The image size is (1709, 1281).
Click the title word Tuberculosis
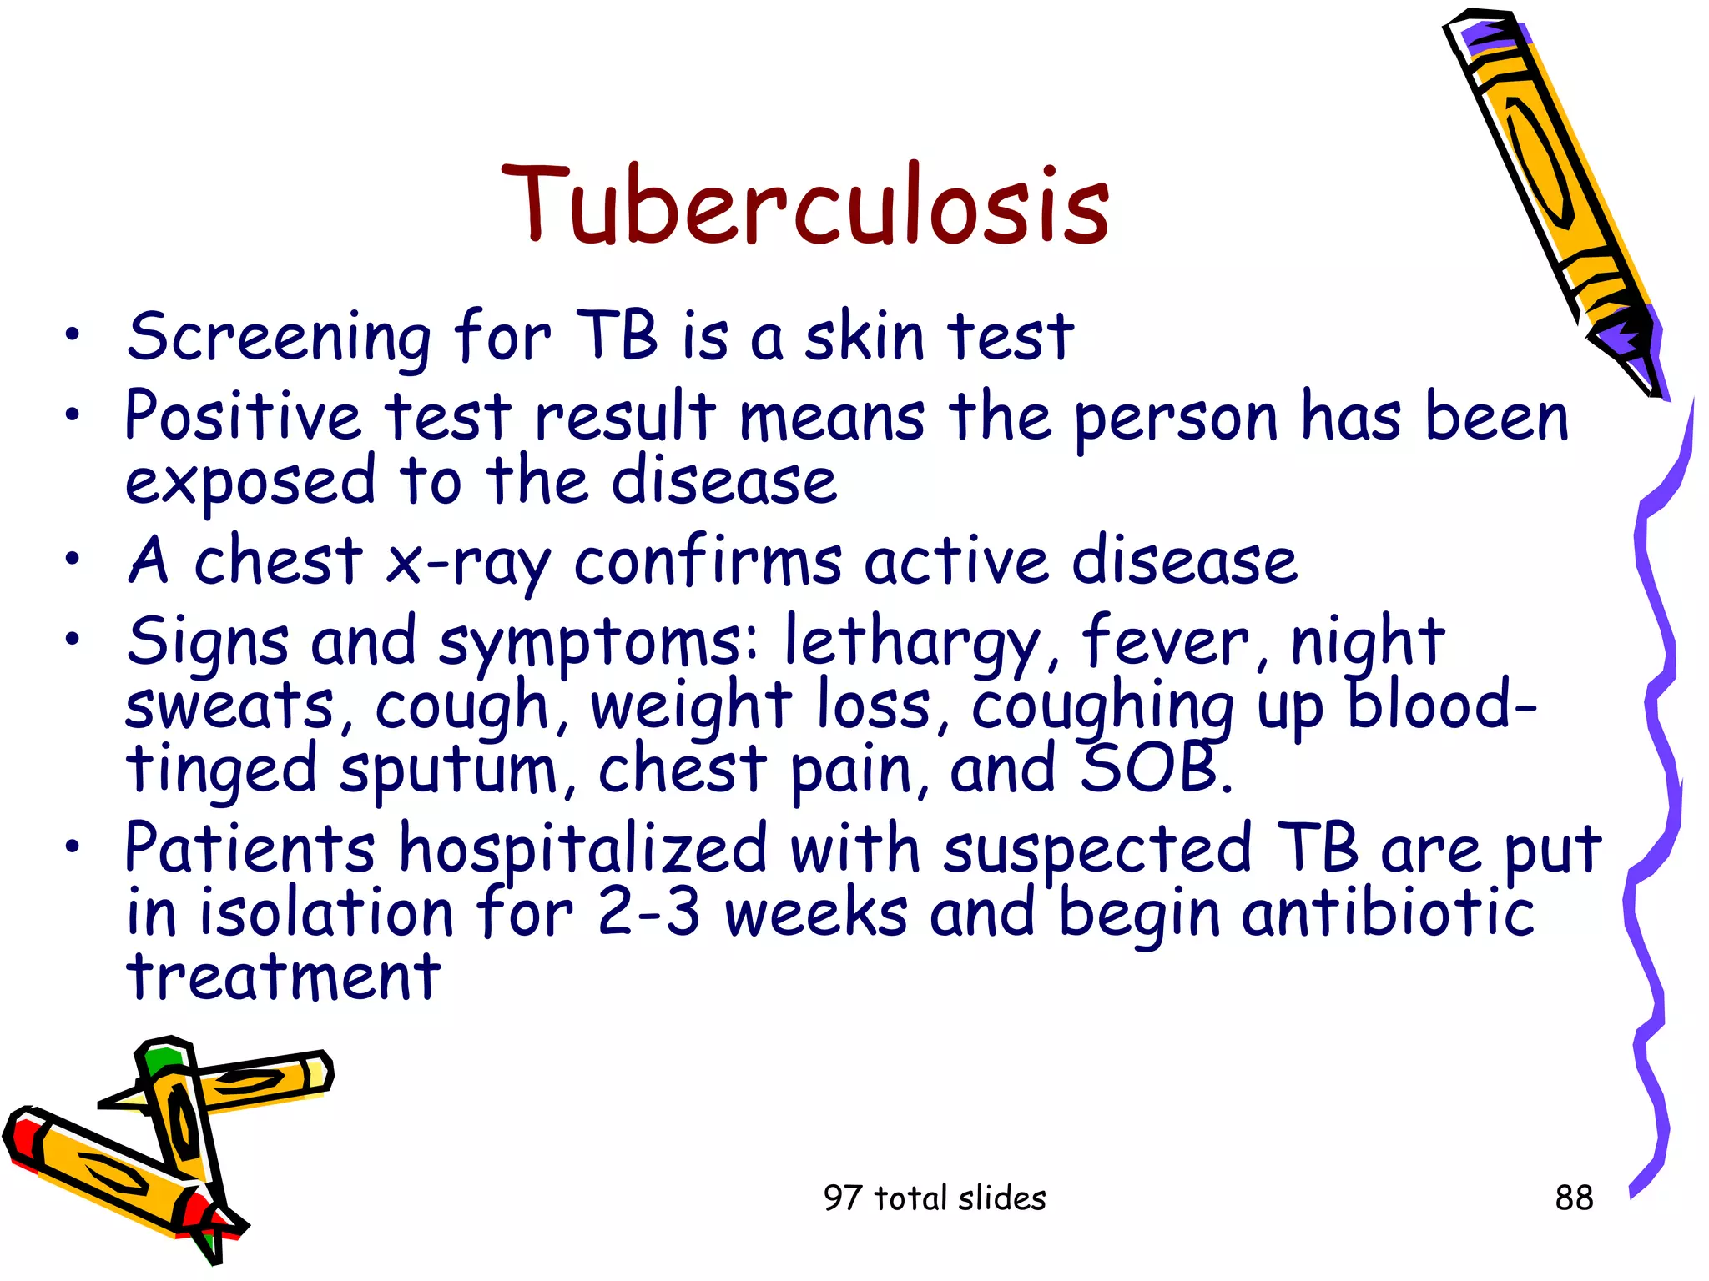point(804,205)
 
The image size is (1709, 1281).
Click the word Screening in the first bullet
point(279,338)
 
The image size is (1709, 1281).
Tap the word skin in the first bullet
point(865,336)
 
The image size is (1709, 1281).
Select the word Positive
point(242,416)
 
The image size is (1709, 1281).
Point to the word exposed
point(250,482)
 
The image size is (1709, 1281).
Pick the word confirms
point(708,560)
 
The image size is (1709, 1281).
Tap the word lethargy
point(912,643)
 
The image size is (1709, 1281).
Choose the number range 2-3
point(648,912)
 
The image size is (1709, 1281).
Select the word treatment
point(283,977)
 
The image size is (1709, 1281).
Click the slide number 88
point(1574,1198)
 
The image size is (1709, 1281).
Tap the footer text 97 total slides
point(934,1198)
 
